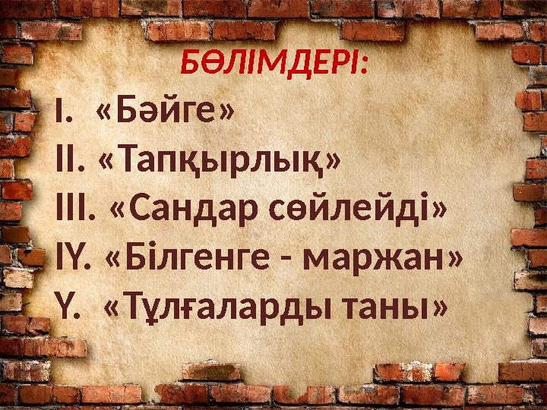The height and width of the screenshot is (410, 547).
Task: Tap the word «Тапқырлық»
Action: coord(220,161)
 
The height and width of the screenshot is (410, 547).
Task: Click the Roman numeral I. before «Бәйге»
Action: coord(64,114)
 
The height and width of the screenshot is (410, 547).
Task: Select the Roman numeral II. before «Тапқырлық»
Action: coord(72,162)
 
